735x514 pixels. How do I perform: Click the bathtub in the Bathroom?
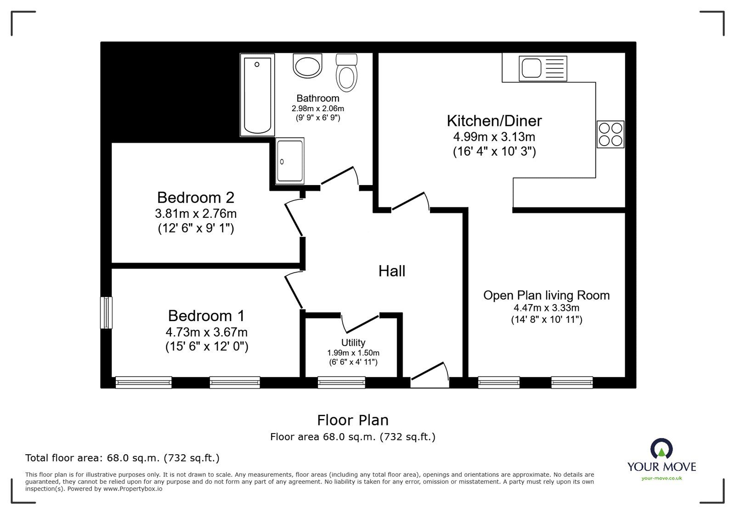coord(257,95)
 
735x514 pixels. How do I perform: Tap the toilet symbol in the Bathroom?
coord(346,73)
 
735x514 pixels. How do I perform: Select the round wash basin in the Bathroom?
coord(307,66)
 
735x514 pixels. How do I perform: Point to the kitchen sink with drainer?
coord(543,68)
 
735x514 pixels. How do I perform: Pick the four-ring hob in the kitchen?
coord(611,134)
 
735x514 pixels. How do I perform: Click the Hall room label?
coord(391,271)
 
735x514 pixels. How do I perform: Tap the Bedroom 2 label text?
coord(196,198)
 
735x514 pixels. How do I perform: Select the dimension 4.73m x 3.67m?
coord(206,332)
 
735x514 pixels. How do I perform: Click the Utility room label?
coord(353,342)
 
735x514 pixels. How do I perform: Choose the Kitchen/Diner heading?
coord(494,121)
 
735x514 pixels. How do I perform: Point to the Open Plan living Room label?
coord(546,295)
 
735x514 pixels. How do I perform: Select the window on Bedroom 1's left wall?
coord(107,312)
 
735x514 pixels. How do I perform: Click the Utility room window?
coord(341,382)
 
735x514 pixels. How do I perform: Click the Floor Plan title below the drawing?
coord(353,420)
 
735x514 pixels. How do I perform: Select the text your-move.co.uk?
coord(661,478)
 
